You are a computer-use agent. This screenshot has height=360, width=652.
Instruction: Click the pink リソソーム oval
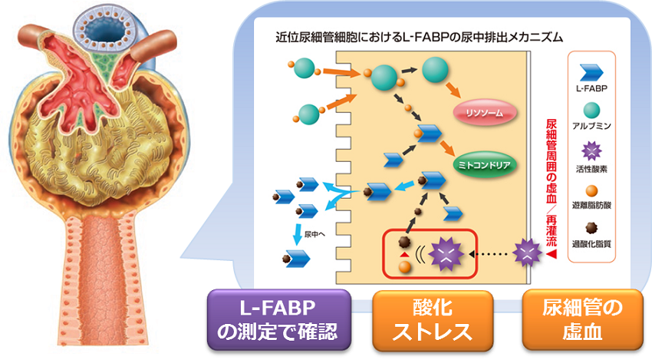point(484,112)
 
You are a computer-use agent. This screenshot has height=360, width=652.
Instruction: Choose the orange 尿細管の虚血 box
point(581,320)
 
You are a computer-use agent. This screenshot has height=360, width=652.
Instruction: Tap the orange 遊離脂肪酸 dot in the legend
point(591,190)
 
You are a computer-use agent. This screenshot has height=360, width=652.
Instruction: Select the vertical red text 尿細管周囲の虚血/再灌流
point(550,177)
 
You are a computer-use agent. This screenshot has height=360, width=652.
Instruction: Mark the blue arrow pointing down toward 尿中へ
point(297,230)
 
